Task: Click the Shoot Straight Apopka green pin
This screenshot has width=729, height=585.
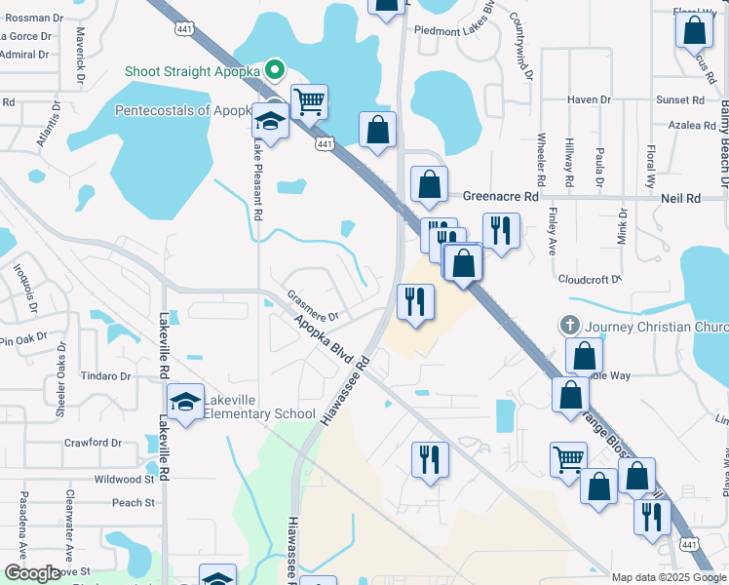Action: (275, 70)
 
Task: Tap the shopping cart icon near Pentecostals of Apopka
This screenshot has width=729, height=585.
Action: (309, 100)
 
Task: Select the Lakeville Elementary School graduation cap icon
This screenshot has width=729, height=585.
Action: (184, 401)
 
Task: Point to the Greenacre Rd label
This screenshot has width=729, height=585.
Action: (500, 196)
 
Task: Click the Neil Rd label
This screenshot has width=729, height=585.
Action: (680, 198)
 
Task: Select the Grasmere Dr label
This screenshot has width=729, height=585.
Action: (313, 305)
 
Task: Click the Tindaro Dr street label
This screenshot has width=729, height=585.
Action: (106, 376)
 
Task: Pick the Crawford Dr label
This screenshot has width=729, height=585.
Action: (93, 443)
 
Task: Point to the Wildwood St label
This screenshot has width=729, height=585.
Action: (125, 479)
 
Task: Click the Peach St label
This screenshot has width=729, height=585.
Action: (134, 503)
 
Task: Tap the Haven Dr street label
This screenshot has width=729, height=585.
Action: (589, 99)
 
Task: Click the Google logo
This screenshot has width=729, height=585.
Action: (32, 573)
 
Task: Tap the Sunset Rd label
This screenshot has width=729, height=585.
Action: (679, 99)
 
